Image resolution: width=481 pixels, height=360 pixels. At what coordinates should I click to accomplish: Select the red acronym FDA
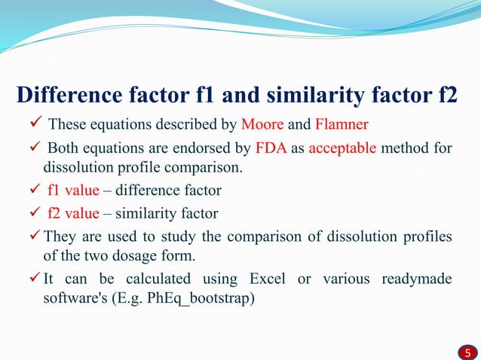tap(270, 147)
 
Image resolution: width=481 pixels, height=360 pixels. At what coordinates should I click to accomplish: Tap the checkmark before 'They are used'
tap(32, 238)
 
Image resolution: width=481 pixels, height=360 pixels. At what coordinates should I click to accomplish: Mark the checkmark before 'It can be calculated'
tap(32, 279)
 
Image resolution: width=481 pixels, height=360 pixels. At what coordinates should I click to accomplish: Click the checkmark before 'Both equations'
tap(32, 147)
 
